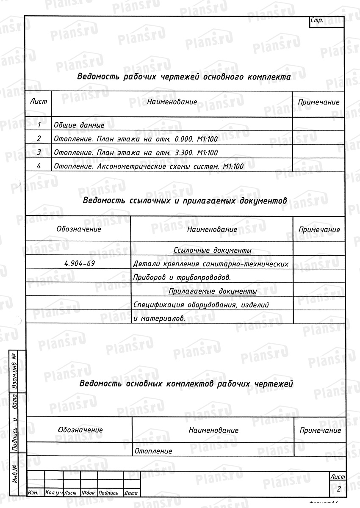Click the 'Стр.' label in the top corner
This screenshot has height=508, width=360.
317,20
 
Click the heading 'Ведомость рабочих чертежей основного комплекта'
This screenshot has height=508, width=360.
183,77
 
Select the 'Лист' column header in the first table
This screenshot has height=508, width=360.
38,102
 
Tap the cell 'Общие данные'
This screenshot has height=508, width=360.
79,125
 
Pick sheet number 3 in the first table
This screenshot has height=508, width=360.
39,152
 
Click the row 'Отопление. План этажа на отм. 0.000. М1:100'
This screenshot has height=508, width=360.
136,138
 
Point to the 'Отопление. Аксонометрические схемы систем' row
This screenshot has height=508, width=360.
148,166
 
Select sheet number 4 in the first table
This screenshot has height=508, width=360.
39,166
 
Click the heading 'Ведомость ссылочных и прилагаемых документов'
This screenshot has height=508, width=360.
185,200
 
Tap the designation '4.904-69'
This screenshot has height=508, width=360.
79,264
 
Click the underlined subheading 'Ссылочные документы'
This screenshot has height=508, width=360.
213,251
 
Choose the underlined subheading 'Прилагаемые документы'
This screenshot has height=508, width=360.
213,292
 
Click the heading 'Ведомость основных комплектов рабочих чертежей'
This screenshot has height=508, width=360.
186,384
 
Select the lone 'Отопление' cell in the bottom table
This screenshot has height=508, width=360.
153,451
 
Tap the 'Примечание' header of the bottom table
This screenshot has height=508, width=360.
320,430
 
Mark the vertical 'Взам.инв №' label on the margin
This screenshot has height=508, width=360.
15,371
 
